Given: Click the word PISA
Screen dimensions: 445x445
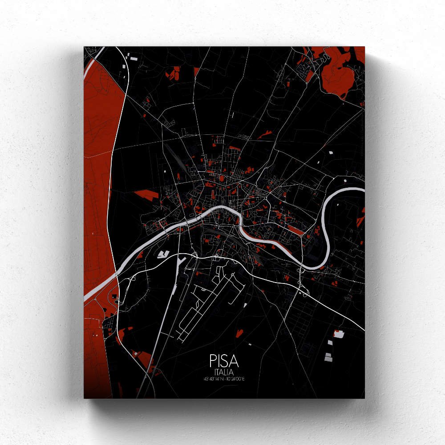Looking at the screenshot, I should click(222, 361).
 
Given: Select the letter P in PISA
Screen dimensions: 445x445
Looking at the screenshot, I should click(212, 361).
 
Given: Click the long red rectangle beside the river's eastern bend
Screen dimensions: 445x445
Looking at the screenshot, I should click(294, 229).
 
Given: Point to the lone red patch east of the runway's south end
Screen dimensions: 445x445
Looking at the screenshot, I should click(239, 332).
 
